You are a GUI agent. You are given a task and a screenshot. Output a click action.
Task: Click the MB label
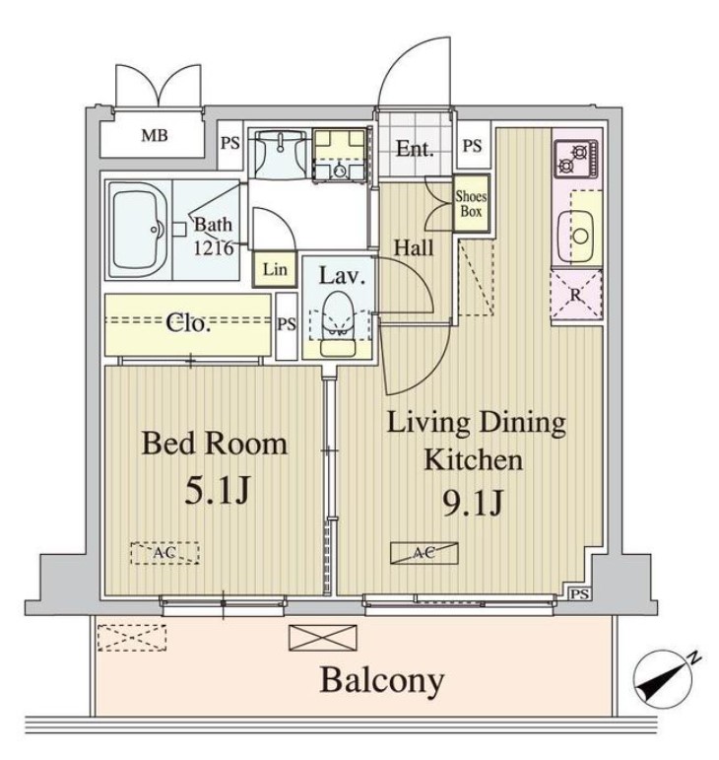pyautogui.click(x=153, y=135)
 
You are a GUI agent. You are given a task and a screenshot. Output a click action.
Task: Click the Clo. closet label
pyautogui.click(x=187, y=323)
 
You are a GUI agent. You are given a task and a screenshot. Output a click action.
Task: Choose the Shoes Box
pyautogui.click(x=470, y=202)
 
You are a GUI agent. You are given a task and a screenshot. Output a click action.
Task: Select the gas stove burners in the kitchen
pyautogui.click(x=574, y=155)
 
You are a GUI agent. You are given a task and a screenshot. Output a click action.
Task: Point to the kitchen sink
pyautogui.click(x=577, y=235)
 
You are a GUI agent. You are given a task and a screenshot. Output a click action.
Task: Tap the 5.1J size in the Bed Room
pyautogui.click(x=215, y=490)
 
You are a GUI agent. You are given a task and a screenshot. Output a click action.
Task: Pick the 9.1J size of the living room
pyautogui.click(x=475, y=503)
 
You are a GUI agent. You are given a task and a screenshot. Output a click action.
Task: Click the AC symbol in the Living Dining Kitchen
pyautogui.click(x=424, y=553)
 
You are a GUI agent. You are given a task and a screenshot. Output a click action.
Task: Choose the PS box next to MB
pyautogui.click(x=229, y=143)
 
